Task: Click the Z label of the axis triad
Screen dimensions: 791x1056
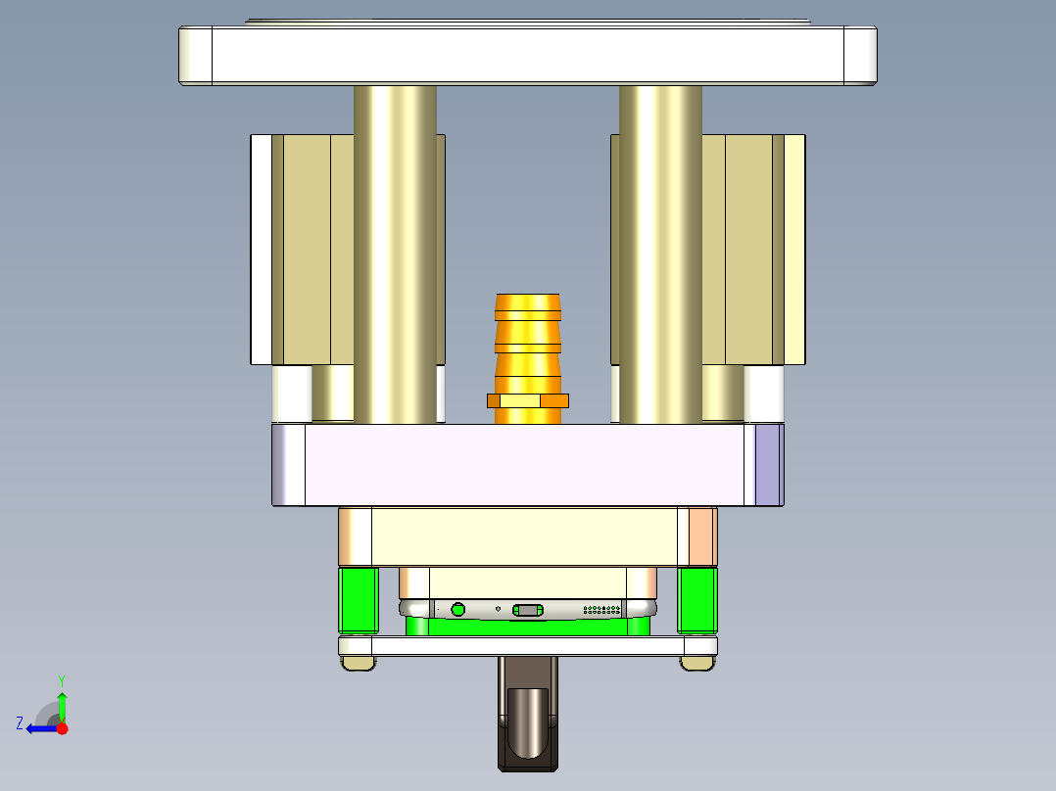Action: click(20, 723)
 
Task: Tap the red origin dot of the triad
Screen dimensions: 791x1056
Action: click(62, 728)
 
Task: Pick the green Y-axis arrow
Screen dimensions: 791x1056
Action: click(62, 705)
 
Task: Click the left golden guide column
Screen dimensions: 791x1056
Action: click(395, 255)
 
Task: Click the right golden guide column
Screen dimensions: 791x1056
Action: click(660, 255)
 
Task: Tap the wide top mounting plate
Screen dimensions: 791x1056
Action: click(528, 55)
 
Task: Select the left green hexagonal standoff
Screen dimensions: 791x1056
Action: click(359, 599)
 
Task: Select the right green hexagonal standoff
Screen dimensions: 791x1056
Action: click(697, 599)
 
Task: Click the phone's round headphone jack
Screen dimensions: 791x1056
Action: click(458, 610)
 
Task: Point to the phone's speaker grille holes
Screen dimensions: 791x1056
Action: click(602, 610)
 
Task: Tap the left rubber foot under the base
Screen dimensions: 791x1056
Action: click(359, 664)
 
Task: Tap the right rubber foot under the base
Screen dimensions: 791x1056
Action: click(696, 664)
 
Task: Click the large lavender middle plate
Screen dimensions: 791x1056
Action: click(528, 465)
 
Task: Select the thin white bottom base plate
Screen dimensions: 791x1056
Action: click(528, 646)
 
